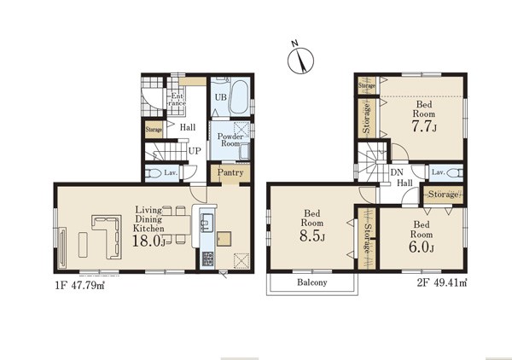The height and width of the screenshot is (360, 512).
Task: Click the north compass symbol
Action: point(300,59)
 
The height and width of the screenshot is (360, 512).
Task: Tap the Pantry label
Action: point(230,172)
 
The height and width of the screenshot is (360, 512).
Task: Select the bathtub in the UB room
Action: point(239,96)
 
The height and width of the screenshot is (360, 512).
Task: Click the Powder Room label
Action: point(230,140)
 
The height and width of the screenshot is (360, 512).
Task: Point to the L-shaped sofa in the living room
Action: point(108,235)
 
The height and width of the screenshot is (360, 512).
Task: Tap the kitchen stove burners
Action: point(207,259)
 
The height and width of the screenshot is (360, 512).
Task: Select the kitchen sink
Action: point(206,223)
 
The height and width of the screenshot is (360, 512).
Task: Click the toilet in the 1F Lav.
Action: point(153,172)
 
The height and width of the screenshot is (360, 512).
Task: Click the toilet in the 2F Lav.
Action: point(455,172)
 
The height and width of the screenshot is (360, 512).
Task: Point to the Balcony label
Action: point(312,282)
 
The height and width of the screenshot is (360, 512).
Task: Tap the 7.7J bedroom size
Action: point(424,126)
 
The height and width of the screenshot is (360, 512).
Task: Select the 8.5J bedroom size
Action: point(312,236)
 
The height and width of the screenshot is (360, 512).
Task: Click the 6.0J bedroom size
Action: point(422,247)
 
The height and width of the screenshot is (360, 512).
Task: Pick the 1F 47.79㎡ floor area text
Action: point(79,286)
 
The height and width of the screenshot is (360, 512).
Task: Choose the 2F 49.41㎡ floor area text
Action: point(442,282)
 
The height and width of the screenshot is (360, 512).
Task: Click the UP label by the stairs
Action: point(195,151)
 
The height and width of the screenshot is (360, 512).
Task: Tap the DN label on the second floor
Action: point(397,172)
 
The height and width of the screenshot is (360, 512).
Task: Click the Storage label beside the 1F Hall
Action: point(154,130)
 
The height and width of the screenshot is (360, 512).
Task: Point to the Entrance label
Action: point(177,99)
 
